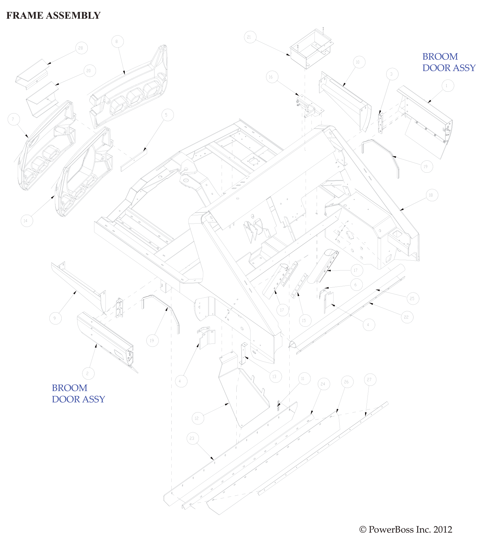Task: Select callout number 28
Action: (x=81, y=48)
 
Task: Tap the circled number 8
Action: (x=117, y=41)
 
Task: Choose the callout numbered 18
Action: (x=432, y=195)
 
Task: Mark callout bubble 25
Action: (x=412, y=298)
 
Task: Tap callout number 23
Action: (x=192, y=438)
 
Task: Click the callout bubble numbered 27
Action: (x=370, y=380)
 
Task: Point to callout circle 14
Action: (x=26, y=221)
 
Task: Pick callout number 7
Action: (x=13, y=119)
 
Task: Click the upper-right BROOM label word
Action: (x=440, y=57)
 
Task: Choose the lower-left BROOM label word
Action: (x=70, y=388)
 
